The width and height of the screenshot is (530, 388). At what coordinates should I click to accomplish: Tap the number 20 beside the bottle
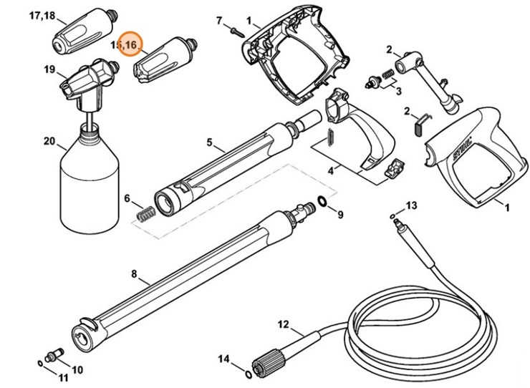coord(49,141)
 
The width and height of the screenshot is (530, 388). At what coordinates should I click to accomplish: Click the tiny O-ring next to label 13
coord(392,215)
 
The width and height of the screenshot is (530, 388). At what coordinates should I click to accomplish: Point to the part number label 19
coord(49,69)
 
